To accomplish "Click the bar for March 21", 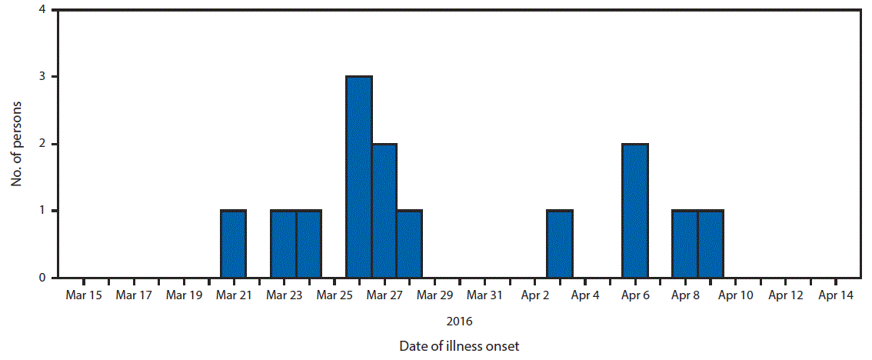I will [x=234, y=244].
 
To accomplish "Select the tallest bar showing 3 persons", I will [x=359, y=177].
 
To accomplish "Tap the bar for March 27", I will [x=384, y=211].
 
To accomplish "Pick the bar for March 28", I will [x=410, y=244].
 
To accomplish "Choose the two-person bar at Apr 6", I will [x=635, y=211].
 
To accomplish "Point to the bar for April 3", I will [x=560, y=244].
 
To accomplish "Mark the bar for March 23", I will [x=284, y=244].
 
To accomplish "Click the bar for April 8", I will [x=685, y=244].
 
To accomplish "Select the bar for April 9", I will [x=711, y=244].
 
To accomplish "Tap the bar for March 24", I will [x=309, y=244].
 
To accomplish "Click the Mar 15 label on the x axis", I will [x=84, y=295].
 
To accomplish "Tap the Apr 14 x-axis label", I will [x=835, y=295].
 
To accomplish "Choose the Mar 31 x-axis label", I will [x=484, y=295].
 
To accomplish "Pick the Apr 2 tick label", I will [x=534, y=295].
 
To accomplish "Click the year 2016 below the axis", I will [x=459, y=321].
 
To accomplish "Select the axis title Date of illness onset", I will [x=459, y=346].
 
